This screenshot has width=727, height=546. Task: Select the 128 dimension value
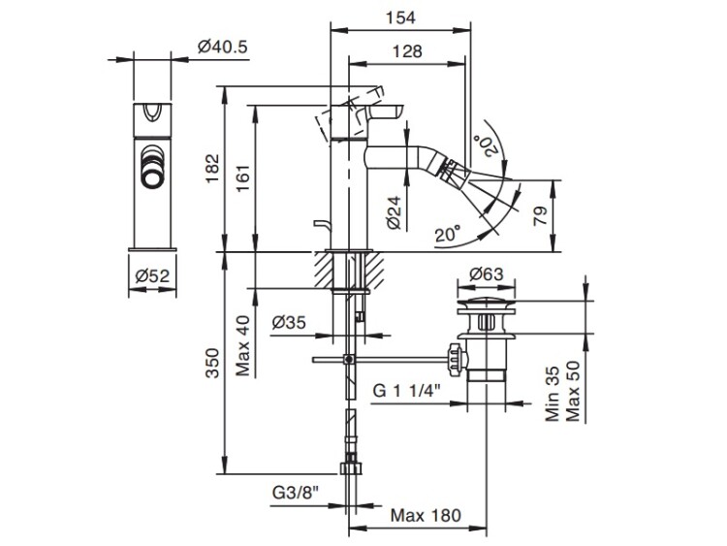coord(407,54)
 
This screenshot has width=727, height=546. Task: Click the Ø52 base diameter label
coord(154,276)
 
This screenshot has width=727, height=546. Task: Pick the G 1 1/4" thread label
coord(407,390)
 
